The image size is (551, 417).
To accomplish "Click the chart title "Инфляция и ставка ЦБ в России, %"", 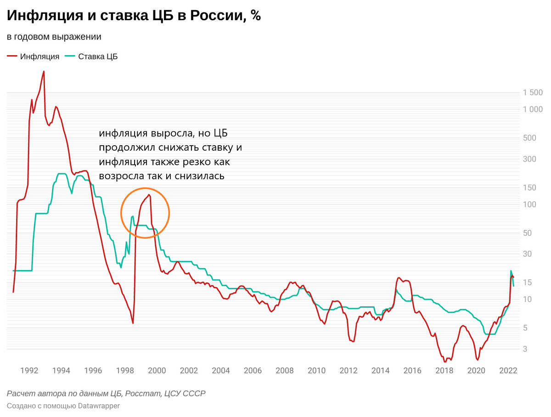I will pos(134,16).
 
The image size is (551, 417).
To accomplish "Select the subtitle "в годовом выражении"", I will pos(54,37).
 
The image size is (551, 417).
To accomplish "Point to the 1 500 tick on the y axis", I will pos(533,93).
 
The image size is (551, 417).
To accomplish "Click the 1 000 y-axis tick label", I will pos(533,109).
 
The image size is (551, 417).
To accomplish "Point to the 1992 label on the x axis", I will pos(29,370).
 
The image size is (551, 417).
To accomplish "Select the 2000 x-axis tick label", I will pos(157,370).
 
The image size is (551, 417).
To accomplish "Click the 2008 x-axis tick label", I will pos(285,370).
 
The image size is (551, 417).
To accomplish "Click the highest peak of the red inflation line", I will pos(44,72).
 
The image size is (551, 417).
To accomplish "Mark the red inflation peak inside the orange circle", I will pos(149,195).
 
